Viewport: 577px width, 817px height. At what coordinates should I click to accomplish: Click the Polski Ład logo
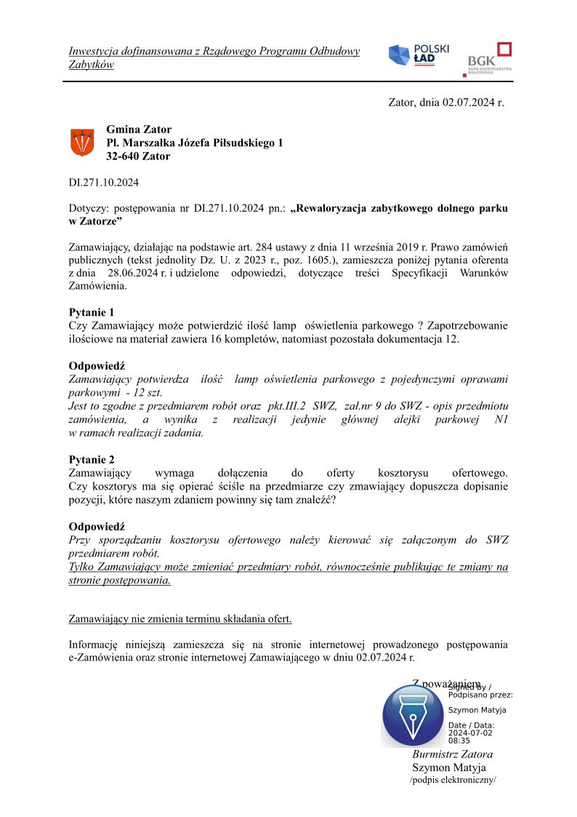[419, 56]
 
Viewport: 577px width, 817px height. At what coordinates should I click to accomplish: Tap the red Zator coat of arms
[82, 142]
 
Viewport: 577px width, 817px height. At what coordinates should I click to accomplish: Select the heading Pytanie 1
[92, 312]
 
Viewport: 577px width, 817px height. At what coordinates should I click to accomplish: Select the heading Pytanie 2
[92, 460]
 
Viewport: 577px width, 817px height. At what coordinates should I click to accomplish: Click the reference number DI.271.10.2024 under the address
[104, 183]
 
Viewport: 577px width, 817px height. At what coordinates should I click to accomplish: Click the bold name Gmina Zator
[139, 130]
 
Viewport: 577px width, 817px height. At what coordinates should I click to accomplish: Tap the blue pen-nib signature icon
[412, 715]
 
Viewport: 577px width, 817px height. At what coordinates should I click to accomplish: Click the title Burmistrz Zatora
[452, 754]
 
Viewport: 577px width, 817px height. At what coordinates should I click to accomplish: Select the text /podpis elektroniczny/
[453, 781]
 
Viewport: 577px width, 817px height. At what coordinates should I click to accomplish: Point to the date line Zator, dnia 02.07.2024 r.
[446, 103]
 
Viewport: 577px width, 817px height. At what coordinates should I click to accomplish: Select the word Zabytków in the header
[91, 65]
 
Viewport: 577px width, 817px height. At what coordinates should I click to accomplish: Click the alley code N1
[501, 421]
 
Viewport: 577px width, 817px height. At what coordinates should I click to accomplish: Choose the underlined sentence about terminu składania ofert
[180, 619]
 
